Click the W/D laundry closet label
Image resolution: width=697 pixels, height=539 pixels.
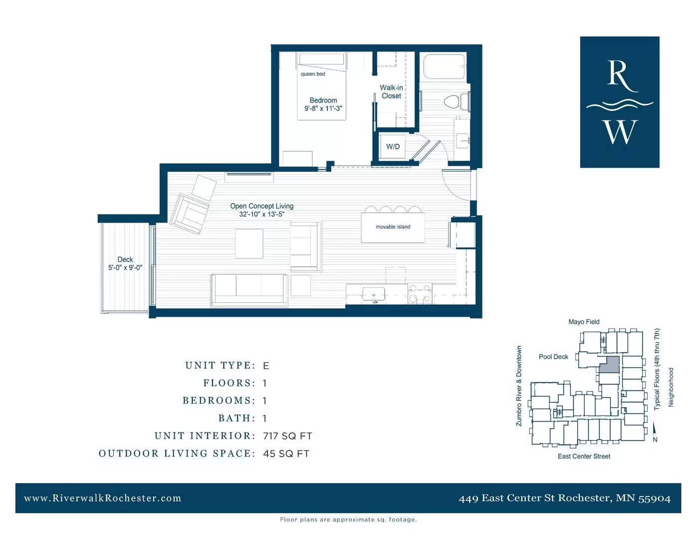click(393, 147)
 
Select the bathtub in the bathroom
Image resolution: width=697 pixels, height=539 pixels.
click(444, 67)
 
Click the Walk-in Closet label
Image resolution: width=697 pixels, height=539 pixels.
click(391, 92)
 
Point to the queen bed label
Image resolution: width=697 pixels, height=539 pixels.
click(313, 74)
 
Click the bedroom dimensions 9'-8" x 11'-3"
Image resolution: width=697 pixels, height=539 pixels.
click(323, 108)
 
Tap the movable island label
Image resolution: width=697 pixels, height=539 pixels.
click(393, 227)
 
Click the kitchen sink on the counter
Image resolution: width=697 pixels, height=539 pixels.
click(374, 294)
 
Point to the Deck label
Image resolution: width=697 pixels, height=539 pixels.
click(125, 260)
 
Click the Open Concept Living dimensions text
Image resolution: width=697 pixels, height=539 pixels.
click(262, 214)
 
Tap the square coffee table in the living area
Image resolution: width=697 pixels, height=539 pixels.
click(249, 243)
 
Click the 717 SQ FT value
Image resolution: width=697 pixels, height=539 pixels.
click(287, 436)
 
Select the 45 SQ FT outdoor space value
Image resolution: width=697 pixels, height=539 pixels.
click(286, 454)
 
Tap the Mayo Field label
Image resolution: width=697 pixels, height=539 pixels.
click(584, 322)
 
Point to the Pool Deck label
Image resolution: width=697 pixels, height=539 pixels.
click(553, 357)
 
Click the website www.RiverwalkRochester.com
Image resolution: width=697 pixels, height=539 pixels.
click(103, 498)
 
